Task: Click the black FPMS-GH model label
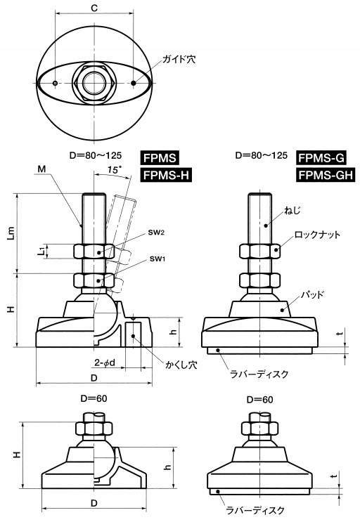click(x=326, y=175)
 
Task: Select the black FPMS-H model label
click(x=166, y=175)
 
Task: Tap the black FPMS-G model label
click(x=321, y=157)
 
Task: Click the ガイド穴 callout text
click(x=179, y=60)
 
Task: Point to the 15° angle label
click(x=113, y=170)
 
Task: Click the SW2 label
click(x=157, y=233)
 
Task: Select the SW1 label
click(x=157, y=259)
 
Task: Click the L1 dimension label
click(x=39, y=252)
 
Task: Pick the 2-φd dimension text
click(x=105, y=363)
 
